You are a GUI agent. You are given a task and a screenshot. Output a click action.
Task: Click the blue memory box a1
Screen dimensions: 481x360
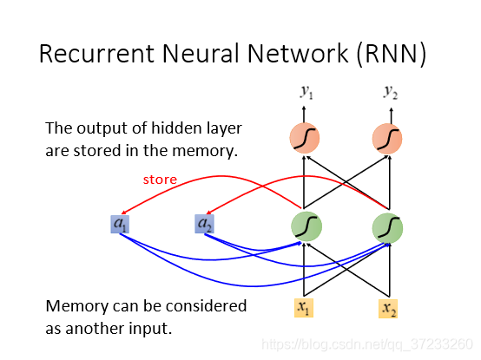coord(120,224)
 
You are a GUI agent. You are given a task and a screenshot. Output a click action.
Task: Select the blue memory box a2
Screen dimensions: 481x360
coord(204,224)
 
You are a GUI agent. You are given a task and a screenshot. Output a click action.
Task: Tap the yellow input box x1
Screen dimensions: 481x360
coord(304,308)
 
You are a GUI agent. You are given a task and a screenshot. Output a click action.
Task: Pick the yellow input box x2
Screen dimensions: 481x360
coord(388,309)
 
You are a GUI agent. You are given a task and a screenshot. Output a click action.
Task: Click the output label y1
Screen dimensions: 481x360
coord(306,92)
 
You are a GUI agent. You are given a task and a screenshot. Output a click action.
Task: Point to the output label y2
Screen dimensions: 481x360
coord(391,92)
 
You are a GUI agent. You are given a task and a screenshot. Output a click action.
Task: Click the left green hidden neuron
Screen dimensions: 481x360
coord(306,226)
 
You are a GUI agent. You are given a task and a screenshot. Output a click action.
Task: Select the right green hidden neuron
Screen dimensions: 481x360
coord(387,228)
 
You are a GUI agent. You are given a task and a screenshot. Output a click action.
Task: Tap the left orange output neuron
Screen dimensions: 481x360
coord(305,138)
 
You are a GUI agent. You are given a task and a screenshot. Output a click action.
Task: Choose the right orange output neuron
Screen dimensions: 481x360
coord(387,139)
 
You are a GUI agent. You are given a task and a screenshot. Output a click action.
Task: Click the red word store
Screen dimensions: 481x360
coord(160,180)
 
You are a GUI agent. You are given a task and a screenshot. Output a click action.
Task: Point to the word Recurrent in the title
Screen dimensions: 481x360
coord(96,54)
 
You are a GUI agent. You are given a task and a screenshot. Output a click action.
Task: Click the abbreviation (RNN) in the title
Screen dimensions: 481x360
coord(392,55)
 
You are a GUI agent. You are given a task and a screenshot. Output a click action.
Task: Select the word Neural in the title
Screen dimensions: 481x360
coord(201,53)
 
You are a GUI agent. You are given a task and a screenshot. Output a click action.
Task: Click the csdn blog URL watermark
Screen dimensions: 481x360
coord(367,344)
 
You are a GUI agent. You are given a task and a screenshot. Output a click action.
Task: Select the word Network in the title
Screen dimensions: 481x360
coord(298,53)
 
